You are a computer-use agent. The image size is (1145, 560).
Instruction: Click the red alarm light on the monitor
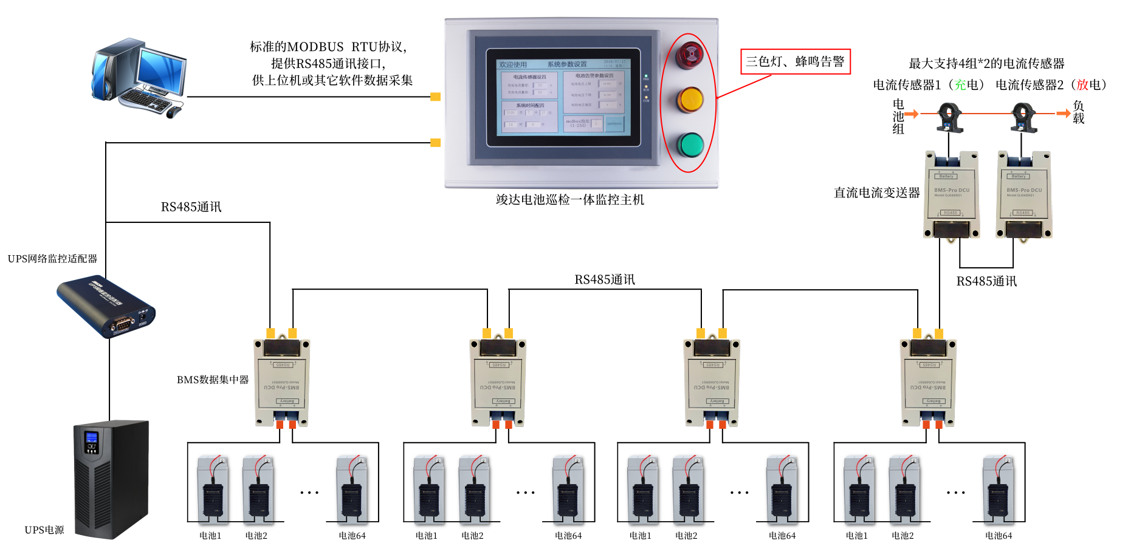[x=690, y=55]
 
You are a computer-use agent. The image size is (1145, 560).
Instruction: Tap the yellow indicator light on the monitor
[x=690, y=100]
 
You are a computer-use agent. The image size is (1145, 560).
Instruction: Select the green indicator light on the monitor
[x=690, y=145]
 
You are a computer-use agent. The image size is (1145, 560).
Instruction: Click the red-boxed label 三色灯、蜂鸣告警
[x=795, y=61]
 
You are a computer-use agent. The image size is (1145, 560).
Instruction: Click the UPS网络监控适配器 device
[x=107, y=307]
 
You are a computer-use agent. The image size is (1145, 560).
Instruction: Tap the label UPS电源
[x=44, y=530]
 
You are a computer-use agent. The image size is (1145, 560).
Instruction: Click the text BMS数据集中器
[x=213, y=380]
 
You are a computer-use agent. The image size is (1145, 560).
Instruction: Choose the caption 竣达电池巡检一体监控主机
[x=569, y=200]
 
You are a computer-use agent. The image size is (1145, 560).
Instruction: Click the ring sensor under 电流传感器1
[x=949, y=117]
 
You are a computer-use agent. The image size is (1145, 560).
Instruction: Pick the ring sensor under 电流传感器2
[x=1023, y=117]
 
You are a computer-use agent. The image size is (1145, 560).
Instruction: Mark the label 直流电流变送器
[x=876, y=193]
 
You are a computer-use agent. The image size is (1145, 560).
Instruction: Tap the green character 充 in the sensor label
[x=960, y=85]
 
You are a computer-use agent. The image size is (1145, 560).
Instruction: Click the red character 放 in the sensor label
[x=1082, y=85]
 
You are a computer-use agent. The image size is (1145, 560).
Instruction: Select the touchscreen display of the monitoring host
[x=563, y=97]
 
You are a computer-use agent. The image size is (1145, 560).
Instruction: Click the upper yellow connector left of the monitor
[x=435, y=97]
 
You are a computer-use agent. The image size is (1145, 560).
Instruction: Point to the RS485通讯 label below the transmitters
[x=986, y=281]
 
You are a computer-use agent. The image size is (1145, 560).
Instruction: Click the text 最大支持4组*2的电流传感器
[x=986, y=63]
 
